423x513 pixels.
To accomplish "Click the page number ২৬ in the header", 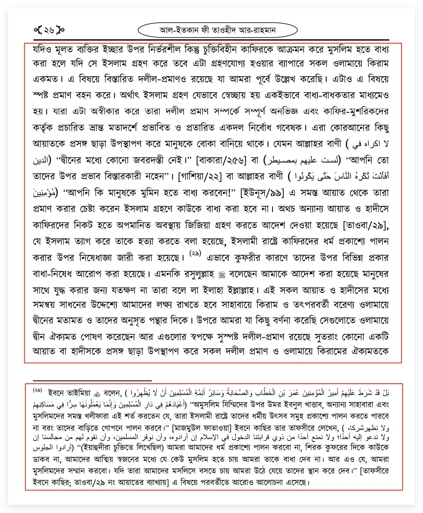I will (49, 30).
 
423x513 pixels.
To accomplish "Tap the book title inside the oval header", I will (217, 30).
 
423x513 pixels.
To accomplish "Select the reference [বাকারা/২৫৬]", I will (221, 160).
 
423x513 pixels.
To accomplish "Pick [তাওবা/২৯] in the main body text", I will (366, 225).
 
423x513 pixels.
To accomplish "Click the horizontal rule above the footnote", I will (92, 380).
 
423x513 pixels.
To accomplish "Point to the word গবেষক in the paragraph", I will (289, 128).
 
